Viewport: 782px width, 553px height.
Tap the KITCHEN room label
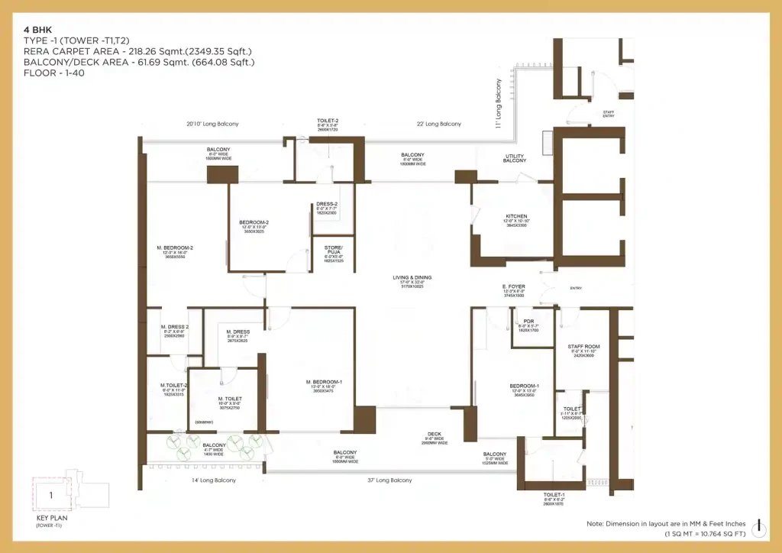516,216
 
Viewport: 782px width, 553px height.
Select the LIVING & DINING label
412,277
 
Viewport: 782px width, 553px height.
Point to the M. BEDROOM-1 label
324,381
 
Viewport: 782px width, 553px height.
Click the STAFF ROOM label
583,347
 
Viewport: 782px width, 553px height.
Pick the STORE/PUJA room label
334,250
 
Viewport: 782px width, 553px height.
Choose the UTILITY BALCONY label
515,158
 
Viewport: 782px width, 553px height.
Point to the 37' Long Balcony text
389,480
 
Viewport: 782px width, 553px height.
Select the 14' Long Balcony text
213,480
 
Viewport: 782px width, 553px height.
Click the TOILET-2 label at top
327,121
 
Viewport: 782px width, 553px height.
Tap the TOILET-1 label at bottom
553,495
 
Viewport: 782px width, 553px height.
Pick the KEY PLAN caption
47,517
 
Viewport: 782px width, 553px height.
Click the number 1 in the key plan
50,494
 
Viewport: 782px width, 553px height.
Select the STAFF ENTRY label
609,114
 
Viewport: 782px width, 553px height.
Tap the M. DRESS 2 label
175,326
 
